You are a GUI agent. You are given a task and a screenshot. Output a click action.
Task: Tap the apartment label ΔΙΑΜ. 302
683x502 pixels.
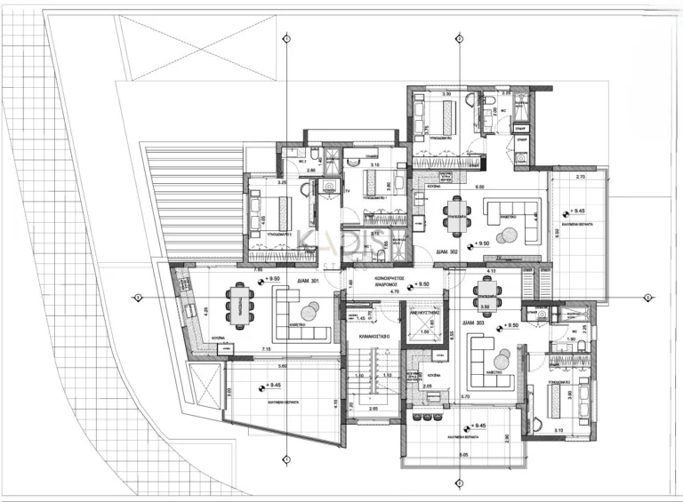447,252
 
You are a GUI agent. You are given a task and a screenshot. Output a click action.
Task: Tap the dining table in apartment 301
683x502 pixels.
239,301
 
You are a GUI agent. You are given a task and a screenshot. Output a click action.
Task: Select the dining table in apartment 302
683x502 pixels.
457,216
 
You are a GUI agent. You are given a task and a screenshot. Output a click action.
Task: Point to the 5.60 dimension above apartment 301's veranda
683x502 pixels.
282,365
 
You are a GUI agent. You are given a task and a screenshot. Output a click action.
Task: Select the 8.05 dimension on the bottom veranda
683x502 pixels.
463,454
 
